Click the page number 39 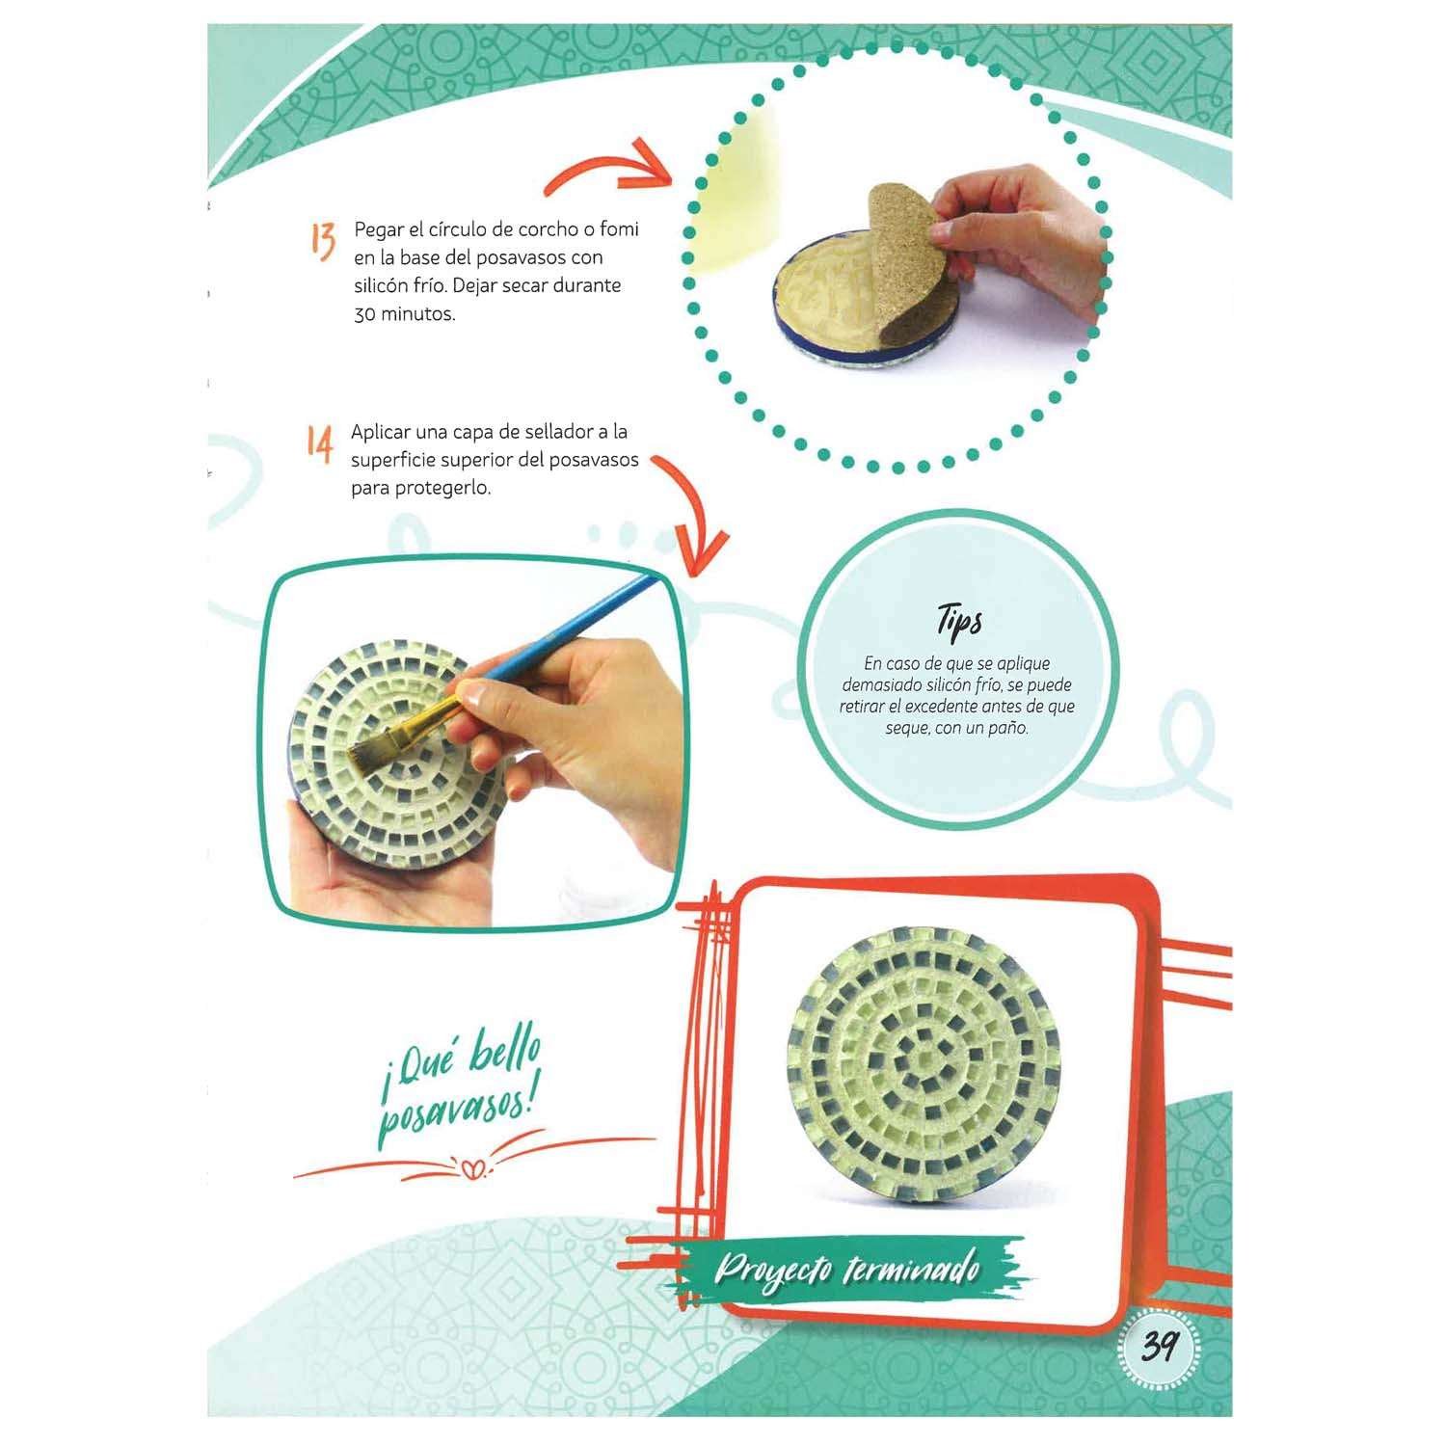tap(1158, 1346)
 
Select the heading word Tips tap(959, 621)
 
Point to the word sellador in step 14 tap(560, 432)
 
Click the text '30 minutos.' tap(404, 314)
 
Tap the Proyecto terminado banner tap(846, 1269)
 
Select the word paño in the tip tap(1008, 728)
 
